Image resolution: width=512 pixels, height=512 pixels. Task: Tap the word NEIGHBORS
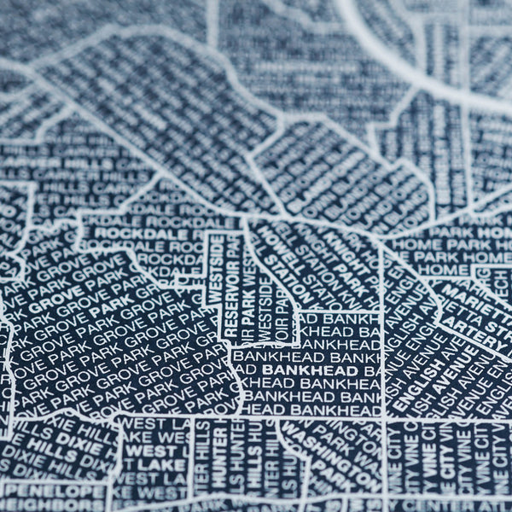(x=51, y=507)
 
